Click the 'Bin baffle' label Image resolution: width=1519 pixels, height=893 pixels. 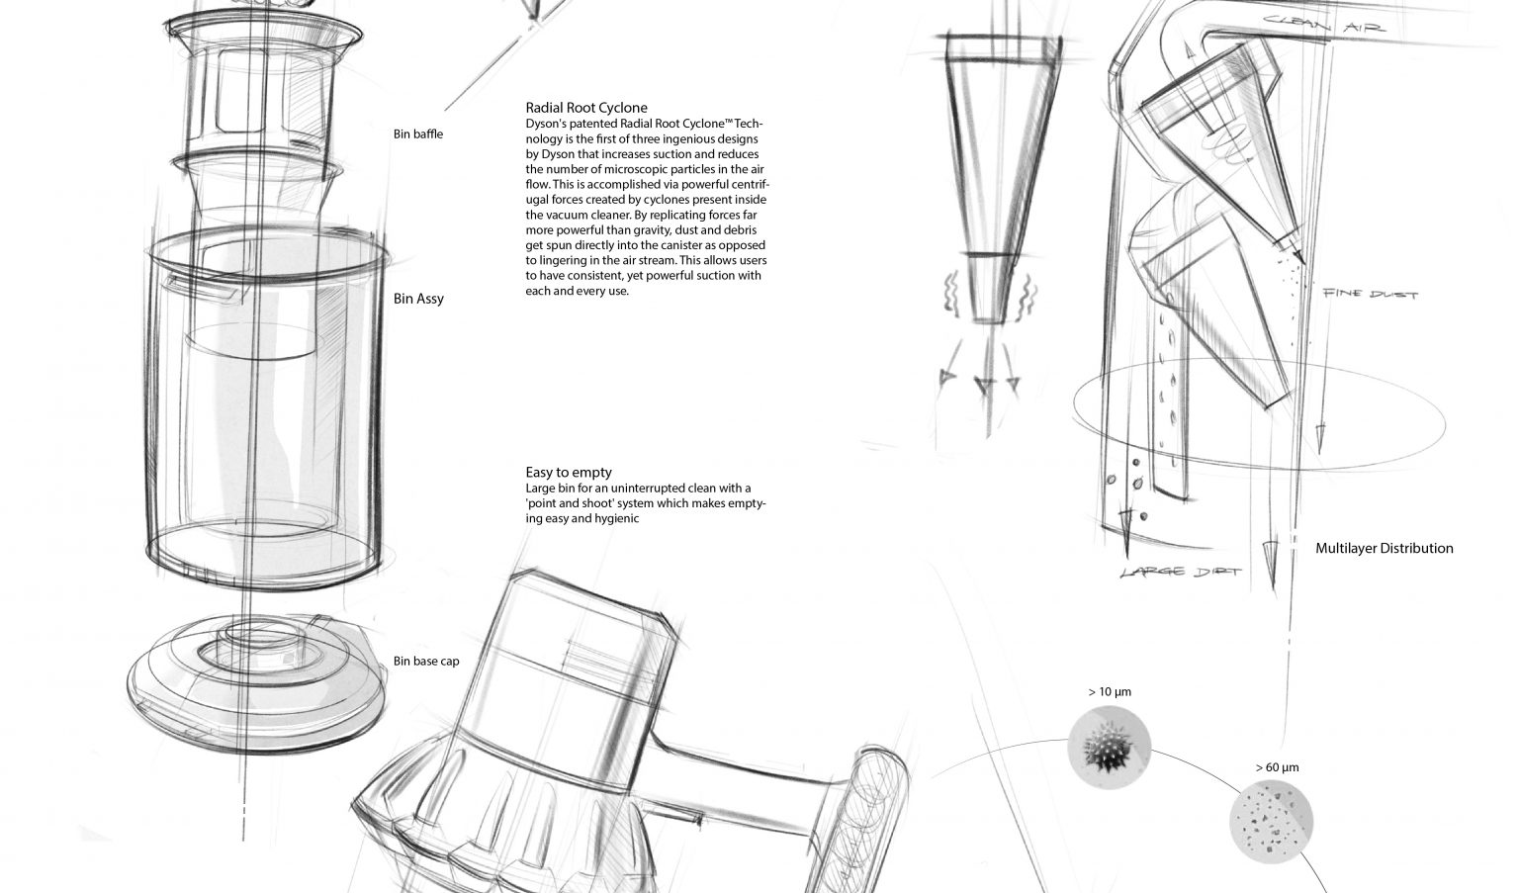417,134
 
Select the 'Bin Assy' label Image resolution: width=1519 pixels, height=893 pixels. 418,299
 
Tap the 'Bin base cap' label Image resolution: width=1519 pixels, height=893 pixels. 426,661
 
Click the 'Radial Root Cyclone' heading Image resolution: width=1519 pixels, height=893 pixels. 586,108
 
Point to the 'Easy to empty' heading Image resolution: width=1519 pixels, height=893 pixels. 569,473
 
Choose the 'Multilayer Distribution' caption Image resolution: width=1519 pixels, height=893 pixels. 1384,548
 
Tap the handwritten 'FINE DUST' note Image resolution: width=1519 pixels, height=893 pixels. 1370,294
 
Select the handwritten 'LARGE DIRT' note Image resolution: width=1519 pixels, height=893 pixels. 1180,573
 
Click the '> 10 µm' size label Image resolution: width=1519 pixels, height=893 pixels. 1109,692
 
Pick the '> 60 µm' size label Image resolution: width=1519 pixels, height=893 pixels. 1277,767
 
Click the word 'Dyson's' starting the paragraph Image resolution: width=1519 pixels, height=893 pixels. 547,124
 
